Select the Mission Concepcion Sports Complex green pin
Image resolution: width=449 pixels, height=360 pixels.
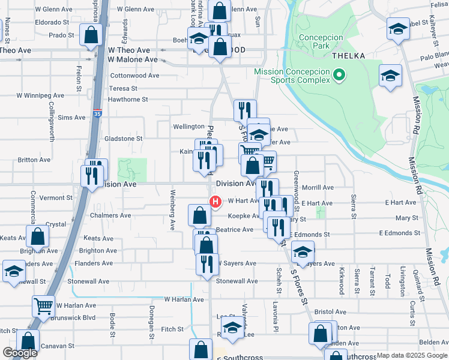(x=339, y=76)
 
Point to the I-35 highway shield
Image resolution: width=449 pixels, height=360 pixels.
(x=98, y=112)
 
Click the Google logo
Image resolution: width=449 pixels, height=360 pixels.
(x=20, y=353)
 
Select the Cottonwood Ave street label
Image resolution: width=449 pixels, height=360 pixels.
(x=135, y=76)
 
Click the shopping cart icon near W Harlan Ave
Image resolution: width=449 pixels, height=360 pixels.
(x=44, y=306)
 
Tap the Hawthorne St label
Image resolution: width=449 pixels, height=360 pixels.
(x=128, y=100)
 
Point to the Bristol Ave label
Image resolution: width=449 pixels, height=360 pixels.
(x=330, y=312)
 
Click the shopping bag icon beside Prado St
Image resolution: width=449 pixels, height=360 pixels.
(x=91, y=36)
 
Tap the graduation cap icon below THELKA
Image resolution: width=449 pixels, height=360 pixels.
(x=390, y=76)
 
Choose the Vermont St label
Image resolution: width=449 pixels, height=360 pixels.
(x=56, y=198)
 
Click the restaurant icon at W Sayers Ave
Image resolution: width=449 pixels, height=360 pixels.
(x=206, y=263)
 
